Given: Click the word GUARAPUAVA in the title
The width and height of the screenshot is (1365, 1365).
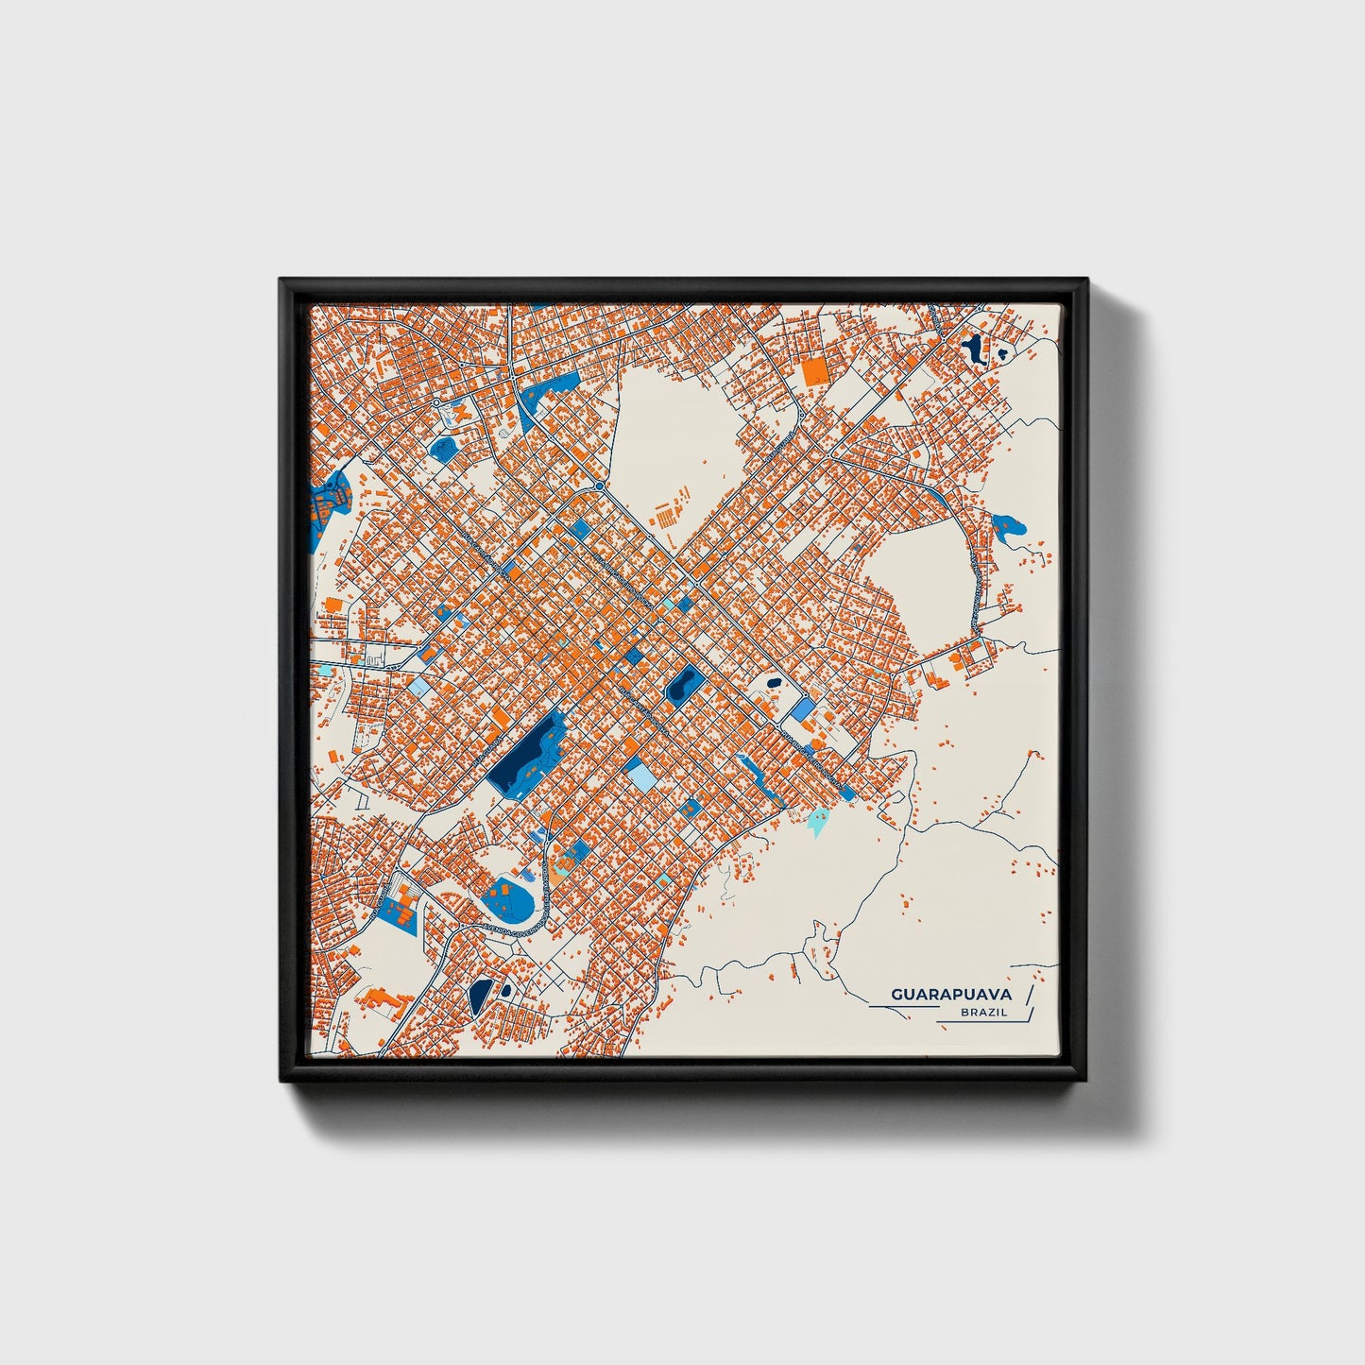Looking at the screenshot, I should [x=950, y=994].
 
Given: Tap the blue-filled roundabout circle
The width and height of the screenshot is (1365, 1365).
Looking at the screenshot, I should [x=599, y=486].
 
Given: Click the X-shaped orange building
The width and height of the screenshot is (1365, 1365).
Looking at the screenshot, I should [x=461, y=412].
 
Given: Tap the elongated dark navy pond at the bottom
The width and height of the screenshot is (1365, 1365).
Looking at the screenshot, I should [x=480, y=994].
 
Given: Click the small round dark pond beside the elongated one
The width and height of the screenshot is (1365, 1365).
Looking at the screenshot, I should [x=506, y=991].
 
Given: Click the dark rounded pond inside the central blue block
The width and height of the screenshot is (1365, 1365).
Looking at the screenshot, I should [x=681, y=683].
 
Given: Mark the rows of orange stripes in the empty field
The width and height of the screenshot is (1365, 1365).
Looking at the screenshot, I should [x=669, y=511].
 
